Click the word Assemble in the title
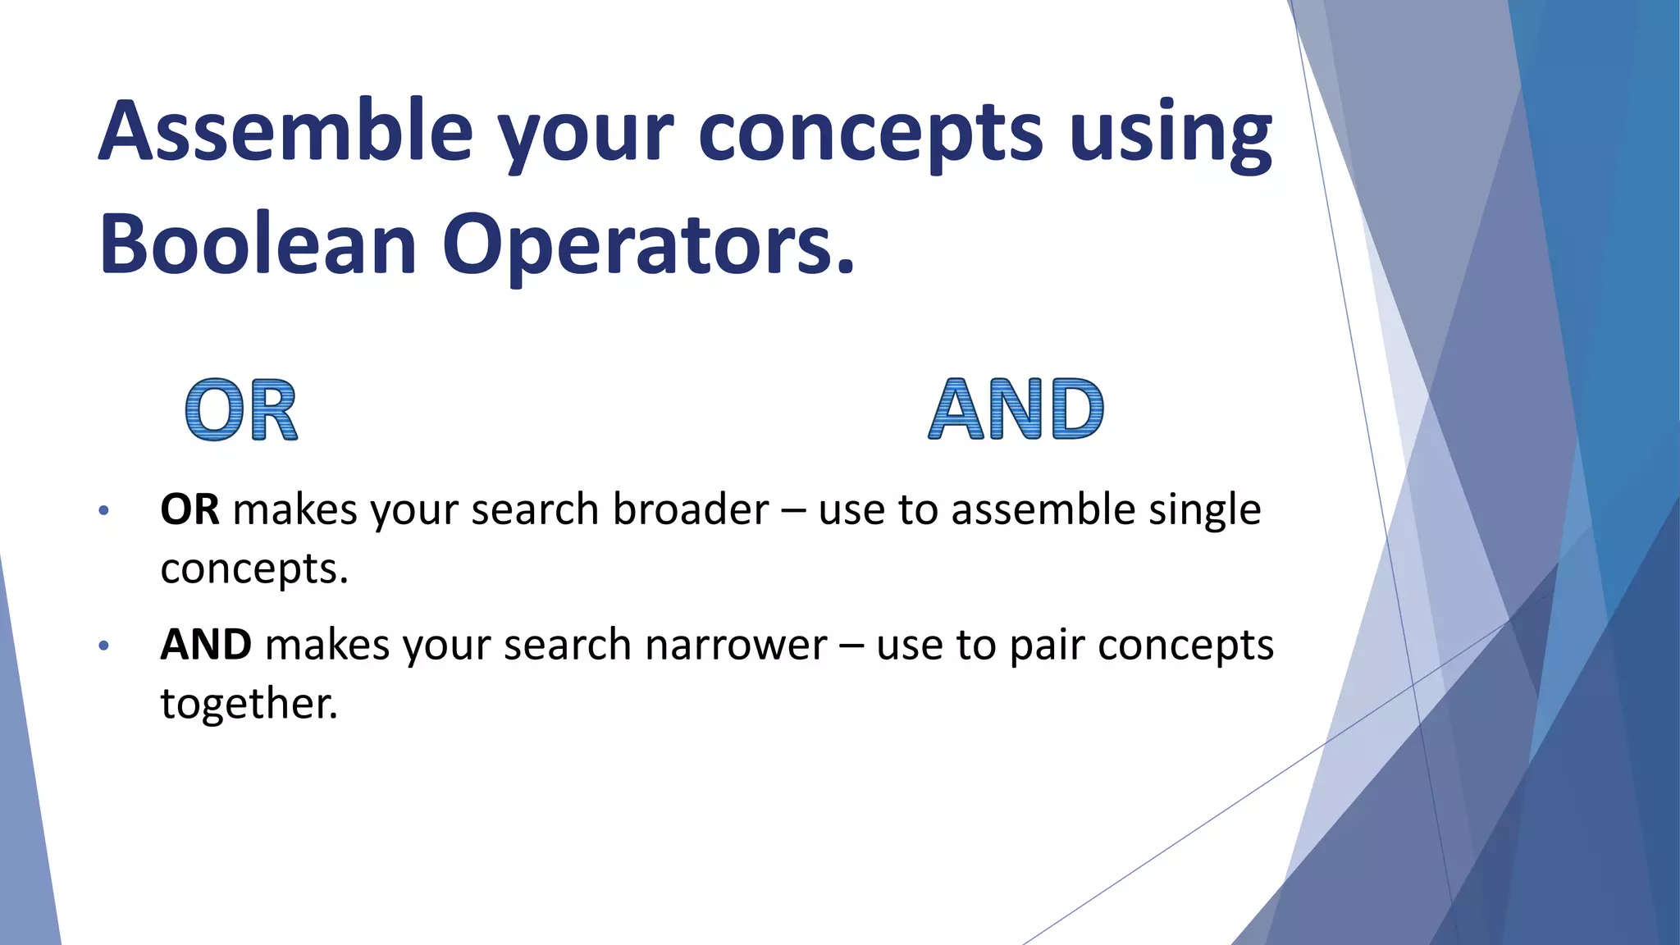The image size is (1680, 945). pos(285,131)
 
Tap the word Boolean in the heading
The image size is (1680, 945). pos(258,244)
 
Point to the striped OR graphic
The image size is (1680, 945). pos(241,410)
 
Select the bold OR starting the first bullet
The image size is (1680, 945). pos(189,509)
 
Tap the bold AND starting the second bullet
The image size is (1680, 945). pos(206,645)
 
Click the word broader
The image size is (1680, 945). pos(691,509)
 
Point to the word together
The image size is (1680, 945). pos(249,704)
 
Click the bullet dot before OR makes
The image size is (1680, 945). pos(103,511)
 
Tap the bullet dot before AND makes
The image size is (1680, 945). pos(103,646)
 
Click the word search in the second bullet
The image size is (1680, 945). pos(567,645)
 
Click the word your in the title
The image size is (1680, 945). pos(586,135)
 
